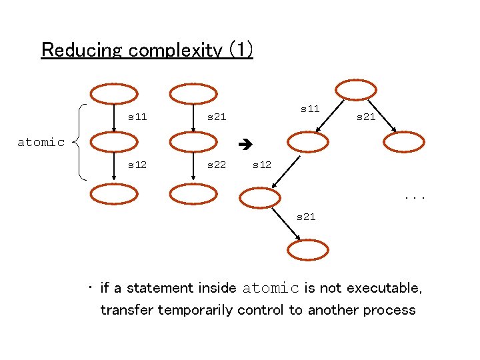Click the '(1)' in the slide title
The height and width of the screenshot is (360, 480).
(240, 50)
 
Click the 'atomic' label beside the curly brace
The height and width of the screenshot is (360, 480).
(41, 142)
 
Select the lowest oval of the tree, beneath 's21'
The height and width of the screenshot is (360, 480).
(308, 249)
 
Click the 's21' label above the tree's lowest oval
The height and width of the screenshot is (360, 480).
(305, 217)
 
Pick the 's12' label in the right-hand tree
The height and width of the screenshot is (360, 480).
(261, 165)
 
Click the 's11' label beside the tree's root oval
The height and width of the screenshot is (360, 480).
(310, 108)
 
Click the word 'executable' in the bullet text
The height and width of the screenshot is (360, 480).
(391, 289)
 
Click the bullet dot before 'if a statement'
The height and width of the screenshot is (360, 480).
(89, 288)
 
